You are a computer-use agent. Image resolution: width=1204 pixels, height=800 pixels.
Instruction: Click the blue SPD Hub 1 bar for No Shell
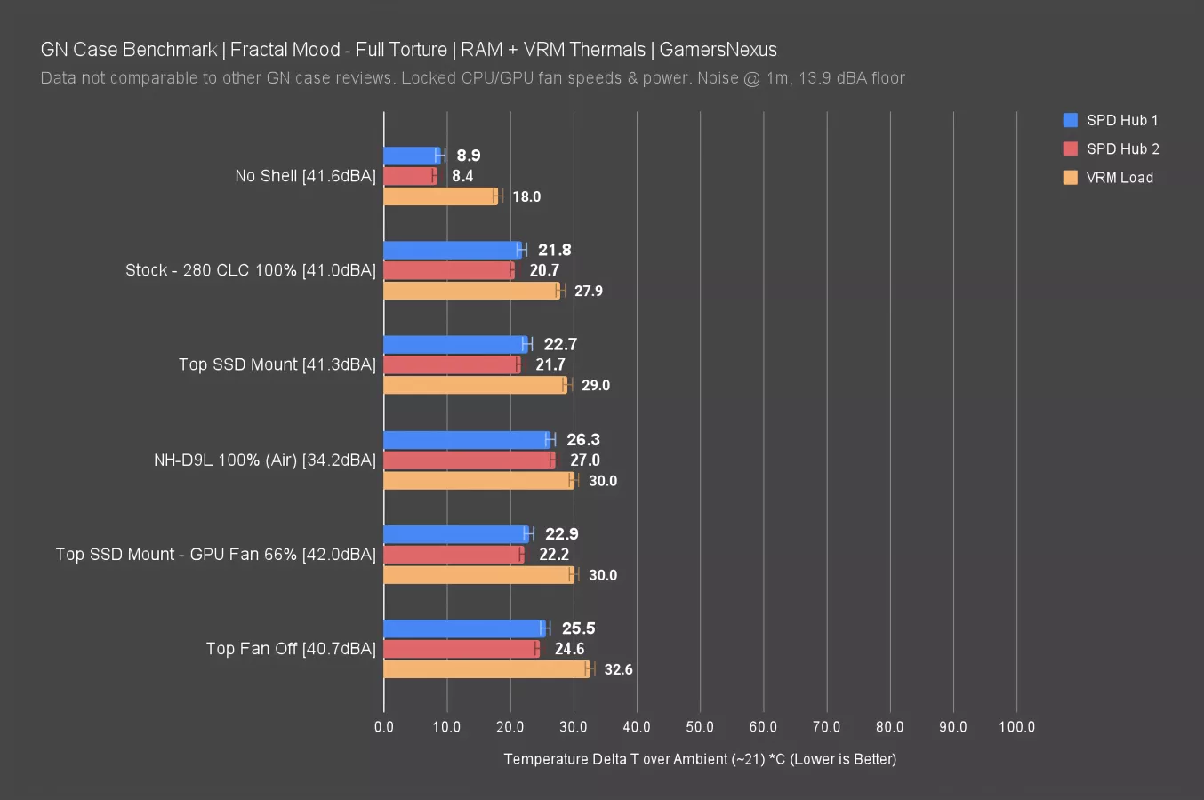(x=411, y=156)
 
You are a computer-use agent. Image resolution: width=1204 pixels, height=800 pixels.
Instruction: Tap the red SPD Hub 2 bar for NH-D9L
(x=469, y=460)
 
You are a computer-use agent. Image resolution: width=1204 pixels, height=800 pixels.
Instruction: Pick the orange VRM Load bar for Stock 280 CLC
(x=471, y=291)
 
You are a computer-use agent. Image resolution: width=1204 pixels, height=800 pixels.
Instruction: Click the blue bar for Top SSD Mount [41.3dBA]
(x=455, y=344)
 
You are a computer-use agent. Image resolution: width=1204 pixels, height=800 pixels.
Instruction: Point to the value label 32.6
(x=618, y=669)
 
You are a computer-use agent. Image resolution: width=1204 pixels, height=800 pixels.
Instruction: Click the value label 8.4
(x=462, y=176)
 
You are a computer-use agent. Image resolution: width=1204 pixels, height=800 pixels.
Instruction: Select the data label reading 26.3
(x=583, y=440)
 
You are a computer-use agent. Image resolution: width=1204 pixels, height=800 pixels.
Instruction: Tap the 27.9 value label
(x=588, y=291)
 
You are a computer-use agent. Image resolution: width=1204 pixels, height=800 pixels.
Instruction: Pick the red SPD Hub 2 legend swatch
(x=1071, y=148)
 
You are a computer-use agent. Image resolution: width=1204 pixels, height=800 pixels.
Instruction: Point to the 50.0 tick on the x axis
(x=700, y=727)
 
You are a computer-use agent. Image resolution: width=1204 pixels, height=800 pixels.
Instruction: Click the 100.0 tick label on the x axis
(x=1016, y=727)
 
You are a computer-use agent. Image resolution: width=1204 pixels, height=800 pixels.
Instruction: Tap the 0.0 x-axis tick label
(x=384, y=727)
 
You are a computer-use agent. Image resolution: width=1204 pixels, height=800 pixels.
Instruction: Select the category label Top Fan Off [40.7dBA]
(x=291, y=649)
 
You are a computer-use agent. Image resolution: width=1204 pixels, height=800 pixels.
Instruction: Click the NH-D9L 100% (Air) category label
(x=265, y=460)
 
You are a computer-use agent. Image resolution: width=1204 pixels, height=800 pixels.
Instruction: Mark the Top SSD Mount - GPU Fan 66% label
(x=216, y=555)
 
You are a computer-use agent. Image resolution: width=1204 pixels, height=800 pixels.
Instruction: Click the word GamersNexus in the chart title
(x=718, y=50)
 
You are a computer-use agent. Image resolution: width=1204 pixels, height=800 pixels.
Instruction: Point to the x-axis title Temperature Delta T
(x=700, y=759)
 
